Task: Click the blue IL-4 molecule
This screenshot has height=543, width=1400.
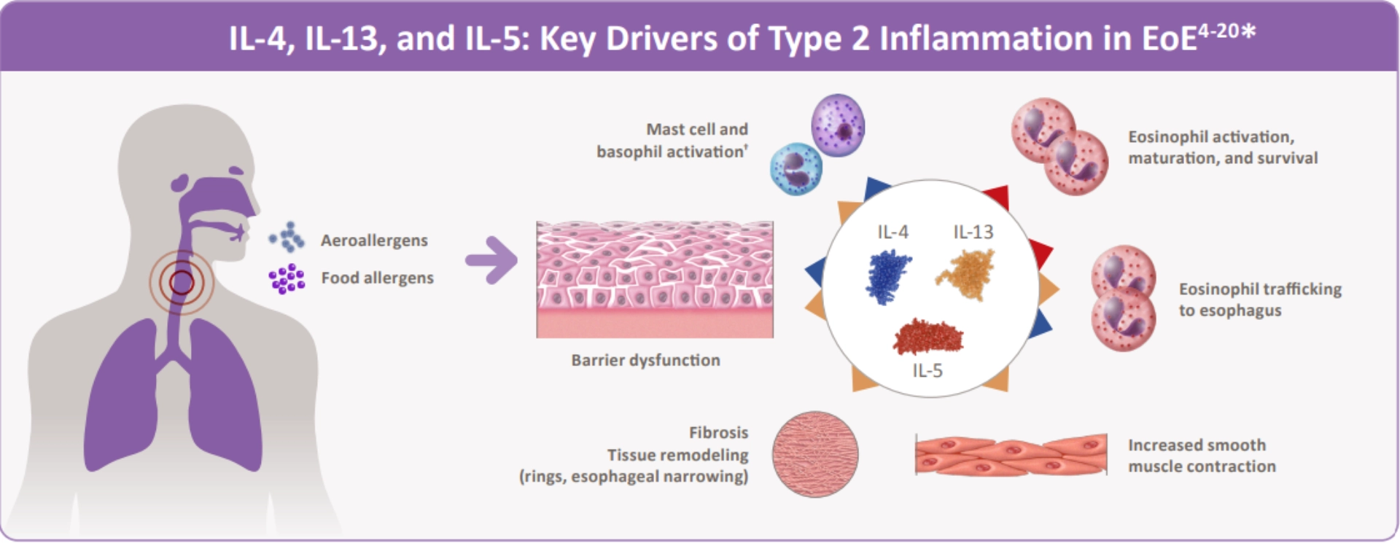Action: point(887,276)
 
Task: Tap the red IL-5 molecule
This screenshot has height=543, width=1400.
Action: point(928,337)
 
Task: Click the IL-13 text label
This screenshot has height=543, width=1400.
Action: point(973,232)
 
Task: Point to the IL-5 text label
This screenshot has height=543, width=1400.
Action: point(927,371)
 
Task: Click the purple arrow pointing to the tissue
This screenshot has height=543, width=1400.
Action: point(491,259)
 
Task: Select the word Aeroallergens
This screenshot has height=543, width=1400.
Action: point(374,241)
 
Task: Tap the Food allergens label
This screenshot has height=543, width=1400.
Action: point(377,278)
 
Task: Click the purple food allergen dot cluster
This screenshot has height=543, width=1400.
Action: point(287,278)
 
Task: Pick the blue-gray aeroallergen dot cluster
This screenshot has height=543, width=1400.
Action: point(287,237)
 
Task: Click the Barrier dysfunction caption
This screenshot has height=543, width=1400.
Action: point(645,360)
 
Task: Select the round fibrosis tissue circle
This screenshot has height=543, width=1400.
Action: point(814,454)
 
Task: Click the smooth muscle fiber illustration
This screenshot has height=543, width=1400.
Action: point(1011,455)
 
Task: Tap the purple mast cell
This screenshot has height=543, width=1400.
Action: point(839,125)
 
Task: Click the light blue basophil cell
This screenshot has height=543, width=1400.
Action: point(796,169)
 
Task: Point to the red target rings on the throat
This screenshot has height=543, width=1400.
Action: point(182,282)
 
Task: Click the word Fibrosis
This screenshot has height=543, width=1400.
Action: point(718,432)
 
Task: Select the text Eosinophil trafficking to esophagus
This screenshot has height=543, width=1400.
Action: point(1259,300)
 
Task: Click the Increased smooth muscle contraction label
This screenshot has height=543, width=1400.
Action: point(1201,456)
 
